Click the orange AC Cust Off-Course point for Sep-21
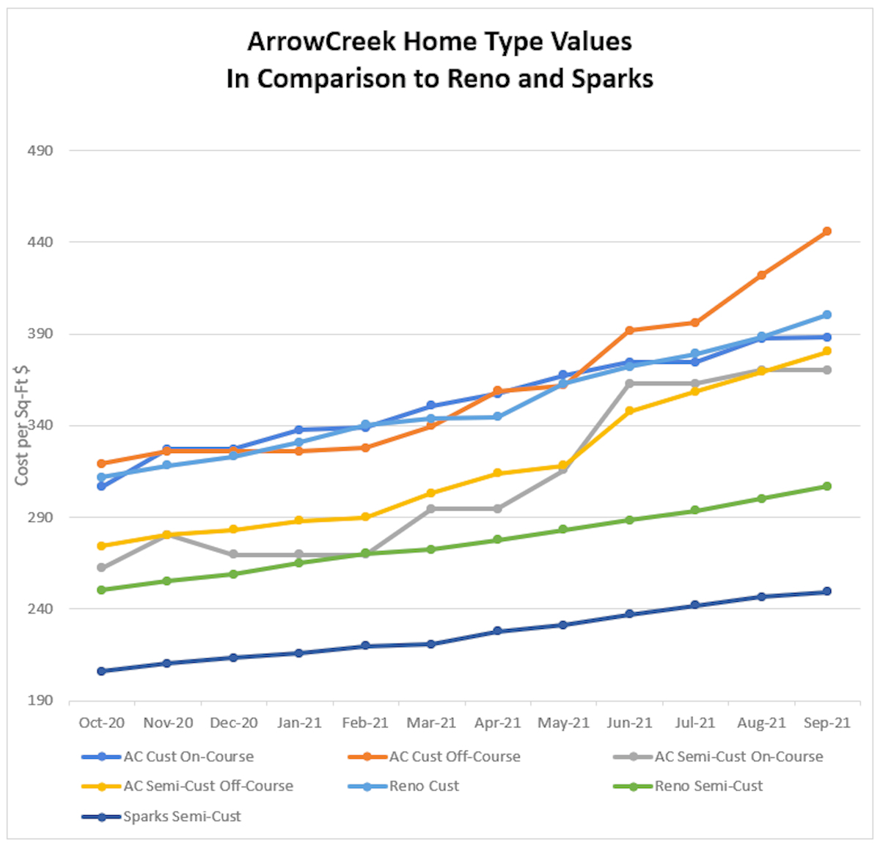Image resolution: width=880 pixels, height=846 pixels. tap(826, 232)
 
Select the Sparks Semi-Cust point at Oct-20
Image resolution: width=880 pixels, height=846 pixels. tap(101, 671)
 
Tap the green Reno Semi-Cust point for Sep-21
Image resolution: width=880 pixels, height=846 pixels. tap(826, 486)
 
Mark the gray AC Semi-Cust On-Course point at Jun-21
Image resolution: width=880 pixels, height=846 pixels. tap(629, 383)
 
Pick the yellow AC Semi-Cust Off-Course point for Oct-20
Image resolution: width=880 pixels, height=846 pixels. tap(101, 546)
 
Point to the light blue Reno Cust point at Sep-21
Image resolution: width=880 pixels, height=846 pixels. tap(826, 315)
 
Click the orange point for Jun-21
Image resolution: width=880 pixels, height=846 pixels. tap(629, 331)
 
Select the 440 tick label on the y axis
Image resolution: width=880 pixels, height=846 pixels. tap(40, 242)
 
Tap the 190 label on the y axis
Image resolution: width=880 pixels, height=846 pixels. tap(40, 700)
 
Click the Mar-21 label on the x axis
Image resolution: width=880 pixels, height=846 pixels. tap(431, 723)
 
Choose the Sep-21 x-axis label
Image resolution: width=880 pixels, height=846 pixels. tap(826, 723)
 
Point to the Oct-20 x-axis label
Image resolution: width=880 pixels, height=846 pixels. tap(101, 723)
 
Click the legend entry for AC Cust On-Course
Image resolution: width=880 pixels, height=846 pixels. tap(188, 757)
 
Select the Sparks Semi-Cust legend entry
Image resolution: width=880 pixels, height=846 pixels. tap(181, 816)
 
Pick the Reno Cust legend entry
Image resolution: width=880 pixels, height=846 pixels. tap(424, 786)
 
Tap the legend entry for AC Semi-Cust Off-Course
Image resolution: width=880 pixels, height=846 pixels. tap(208, 786)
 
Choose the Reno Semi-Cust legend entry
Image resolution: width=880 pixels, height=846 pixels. tap(708, 786)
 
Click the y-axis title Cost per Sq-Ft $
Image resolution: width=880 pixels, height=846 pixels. tap(22, 425)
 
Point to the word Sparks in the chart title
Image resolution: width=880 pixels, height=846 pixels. tap(612, 78)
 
